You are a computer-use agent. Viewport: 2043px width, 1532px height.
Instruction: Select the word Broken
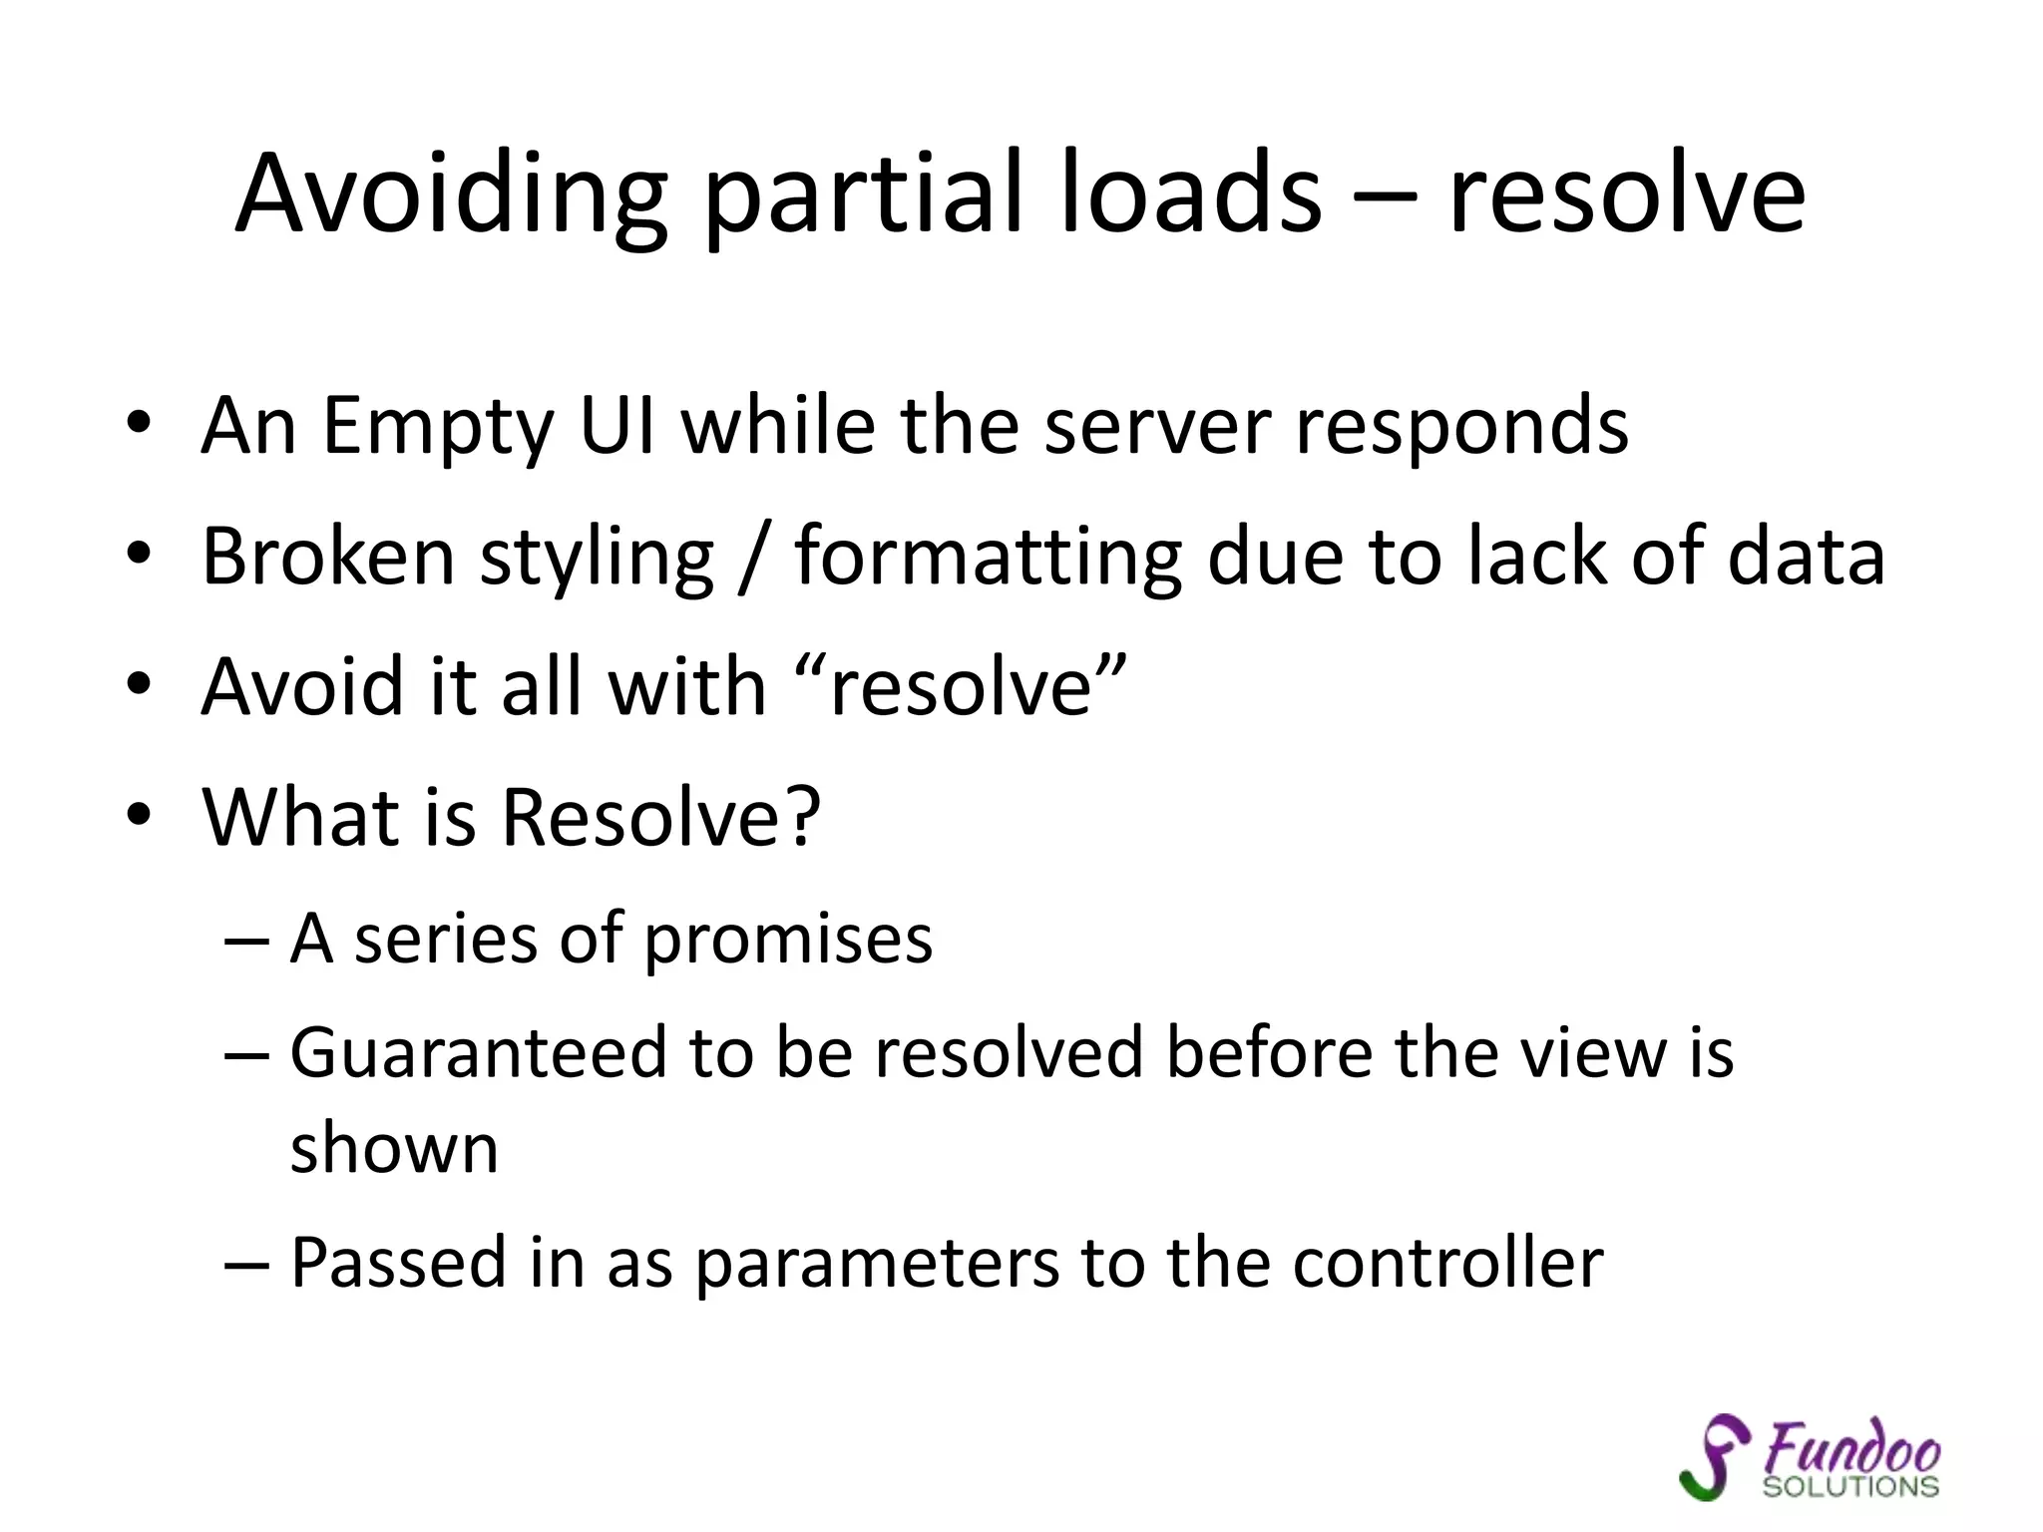click(x=327, y=557)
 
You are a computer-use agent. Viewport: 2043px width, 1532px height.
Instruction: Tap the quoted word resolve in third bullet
click(x=962, y=688)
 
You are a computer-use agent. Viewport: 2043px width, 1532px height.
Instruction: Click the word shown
click(x=394, y=1149)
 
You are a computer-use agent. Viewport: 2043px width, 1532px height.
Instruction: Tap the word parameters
click(x=876, y=1265)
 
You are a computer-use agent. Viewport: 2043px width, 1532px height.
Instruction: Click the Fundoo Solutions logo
click(x=1810, y=1458)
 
